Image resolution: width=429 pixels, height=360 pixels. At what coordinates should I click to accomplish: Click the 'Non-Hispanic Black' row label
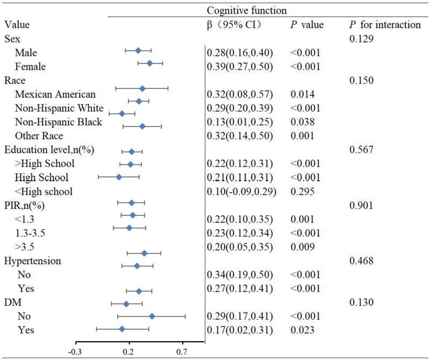(x=59, y=122)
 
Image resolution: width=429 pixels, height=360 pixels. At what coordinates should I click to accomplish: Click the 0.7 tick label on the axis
(x=182, y=351)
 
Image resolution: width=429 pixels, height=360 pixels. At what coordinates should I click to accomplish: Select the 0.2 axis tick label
(x=128, y=351)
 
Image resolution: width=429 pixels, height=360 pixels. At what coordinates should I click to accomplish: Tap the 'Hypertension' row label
(x=32, y=261)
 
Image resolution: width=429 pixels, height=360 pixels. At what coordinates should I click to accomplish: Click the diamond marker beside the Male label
(x=138, y=51)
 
